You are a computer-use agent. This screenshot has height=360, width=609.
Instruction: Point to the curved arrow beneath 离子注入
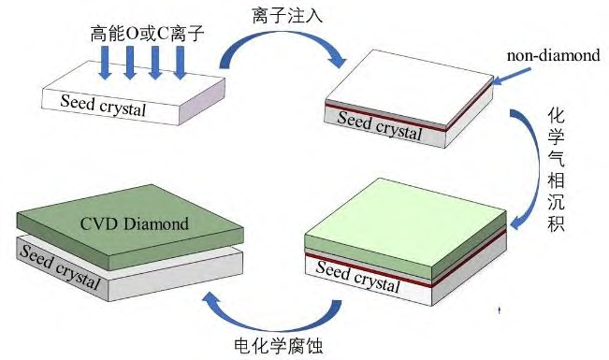tap(281, 49)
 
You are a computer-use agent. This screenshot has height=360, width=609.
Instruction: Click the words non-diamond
tap(553, 56)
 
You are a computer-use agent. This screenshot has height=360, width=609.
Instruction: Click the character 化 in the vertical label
tap(555, 119)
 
